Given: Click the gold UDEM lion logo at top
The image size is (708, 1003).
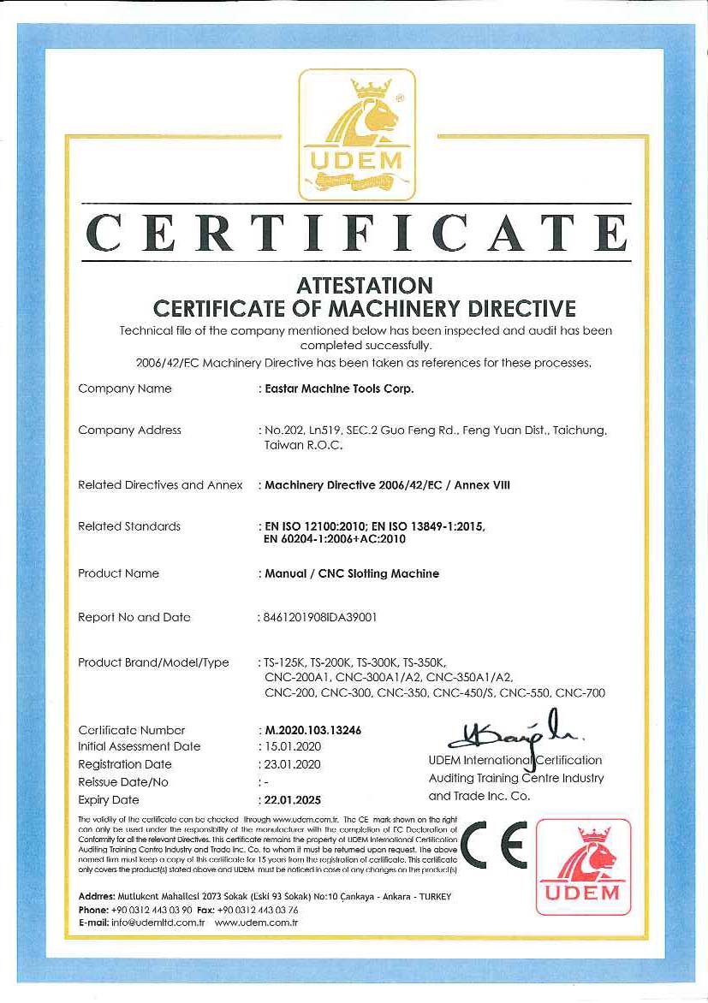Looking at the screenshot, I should point(356,134).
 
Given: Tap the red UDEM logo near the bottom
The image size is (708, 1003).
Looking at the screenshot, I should point(583,866).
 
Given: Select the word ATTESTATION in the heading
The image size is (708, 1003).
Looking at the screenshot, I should point(365,284).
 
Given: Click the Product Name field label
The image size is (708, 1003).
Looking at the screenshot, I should point(118,573).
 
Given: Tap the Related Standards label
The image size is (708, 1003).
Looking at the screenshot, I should point(129,526).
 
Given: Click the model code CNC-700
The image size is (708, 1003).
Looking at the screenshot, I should point(580,693).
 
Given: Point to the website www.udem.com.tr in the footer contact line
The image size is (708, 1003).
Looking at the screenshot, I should point(255,923).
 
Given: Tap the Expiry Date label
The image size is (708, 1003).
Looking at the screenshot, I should point(109,800).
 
